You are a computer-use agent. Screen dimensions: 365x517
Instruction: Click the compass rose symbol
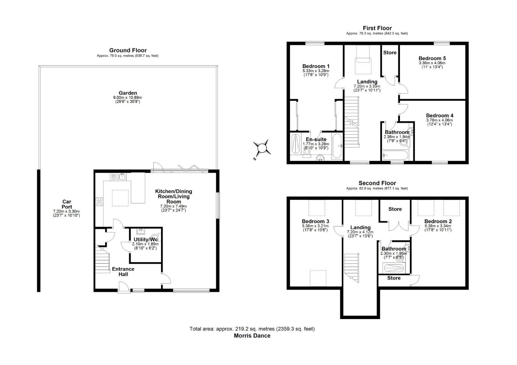click(x=262, y=148)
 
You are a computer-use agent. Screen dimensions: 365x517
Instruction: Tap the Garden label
click(x=128, y=93)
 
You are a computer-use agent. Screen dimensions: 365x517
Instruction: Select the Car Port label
click(x=67, y=204)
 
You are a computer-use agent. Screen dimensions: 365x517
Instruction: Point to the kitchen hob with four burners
click(x=99, y=202)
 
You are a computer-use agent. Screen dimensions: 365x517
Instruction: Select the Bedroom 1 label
click(x=316, y=66)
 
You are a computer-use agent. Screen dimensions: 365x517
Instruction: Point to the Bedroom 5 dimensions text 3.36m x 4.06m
click(x=432, y=63)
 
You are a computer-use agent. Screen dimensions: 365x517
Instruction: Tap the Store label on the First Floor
click(x=390, y=53)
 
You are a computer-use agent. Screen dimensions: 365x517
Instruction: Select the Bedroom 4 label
click(x=440, y=116)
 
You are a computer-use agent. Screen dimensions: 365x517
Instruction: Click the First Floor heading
click(x=377, y=28)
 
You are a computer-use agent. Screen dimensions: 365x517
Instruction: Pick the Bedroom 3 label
click(x=316, y=221)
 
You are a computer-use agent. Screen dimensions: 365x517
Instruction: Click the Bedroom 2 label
click(x=438, y=221)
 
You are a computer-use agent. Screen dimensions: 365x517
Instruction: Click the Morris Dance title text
click(x=252, y=336)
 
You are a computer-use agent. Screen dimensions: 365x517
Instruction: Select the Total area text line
click(x=252, y=328)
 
